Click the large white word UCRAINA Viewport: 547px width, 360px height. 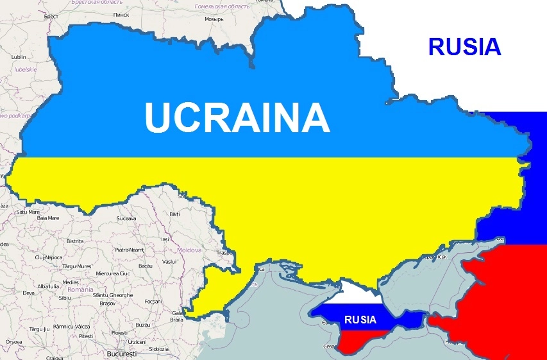237,117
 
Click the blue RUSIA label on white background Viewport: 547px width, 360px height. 464,46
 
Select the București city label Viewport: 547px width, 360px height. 122,354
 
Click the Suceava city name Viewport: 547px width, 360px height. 126,218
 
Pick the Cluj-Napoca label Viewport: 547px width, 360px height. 49,257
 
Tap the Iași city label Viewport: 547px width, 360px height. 165,239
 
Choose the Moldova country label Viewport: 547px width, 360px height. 189,250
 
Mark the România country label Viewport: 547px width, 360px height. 81,289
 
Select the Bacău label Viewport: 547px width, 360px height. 145,266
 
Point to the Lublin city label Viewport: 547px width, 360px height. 19,57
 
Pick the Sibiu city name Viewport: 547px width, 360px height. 64,297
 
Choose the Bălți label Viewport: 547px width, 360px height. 174,214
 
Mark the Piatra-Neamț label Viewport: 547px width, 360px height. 129,250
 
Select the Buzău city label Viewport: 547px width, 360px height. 142,325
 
